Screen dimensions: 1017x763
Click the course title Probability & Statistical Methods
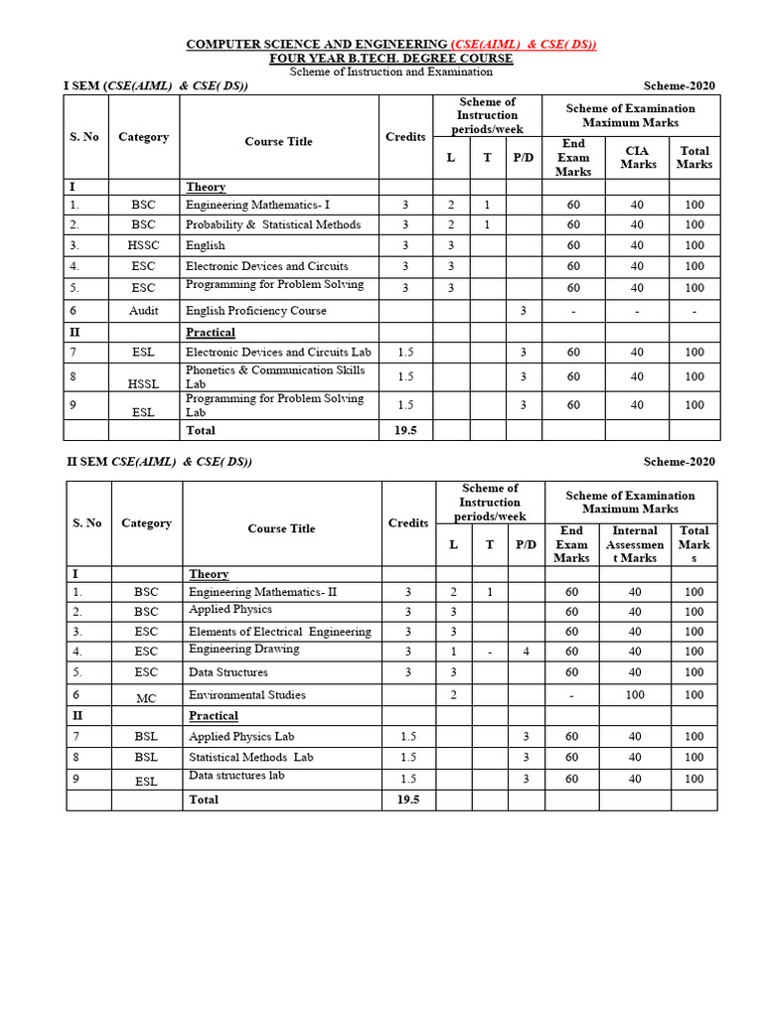(272, 224)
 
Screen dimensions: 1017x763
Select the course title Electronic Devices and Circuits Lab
(278, 352)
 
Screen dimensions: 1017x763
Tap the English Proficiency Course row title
(255, 311)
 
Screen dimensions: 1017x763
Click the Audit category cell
(143, 311)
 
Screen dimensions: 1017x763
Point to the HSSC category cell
(143, 245)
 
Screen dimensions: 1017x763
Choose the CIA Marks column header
(638, 157)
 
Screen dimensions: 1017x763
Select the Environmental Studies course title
(246, 695)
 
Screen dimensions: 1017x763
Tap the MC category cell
(146, 698)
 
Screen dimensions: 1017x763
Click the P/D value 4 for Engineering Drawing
(526, 652)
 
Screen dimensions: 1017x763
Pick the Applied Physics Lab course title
(241, 737)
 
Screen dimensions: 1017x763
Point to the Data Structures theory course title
(228, 672)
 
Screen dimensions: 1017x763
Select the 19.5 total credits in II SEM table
(408, 799)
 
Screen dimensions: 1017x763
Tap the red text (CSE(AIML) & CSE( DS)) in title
(524, 45)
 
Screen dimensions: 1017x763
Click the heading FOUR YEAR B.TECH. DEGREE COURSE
(391, 59)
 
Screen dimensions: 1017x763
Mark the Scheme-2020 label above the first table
(679, 85)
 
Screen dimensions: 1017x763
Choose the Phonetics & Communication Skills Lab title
(275, 376)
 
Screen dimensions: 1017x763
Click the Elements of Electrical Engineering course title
(279, 632)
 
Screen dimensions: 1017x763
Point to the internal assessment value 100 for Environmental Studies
(636, 695)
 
